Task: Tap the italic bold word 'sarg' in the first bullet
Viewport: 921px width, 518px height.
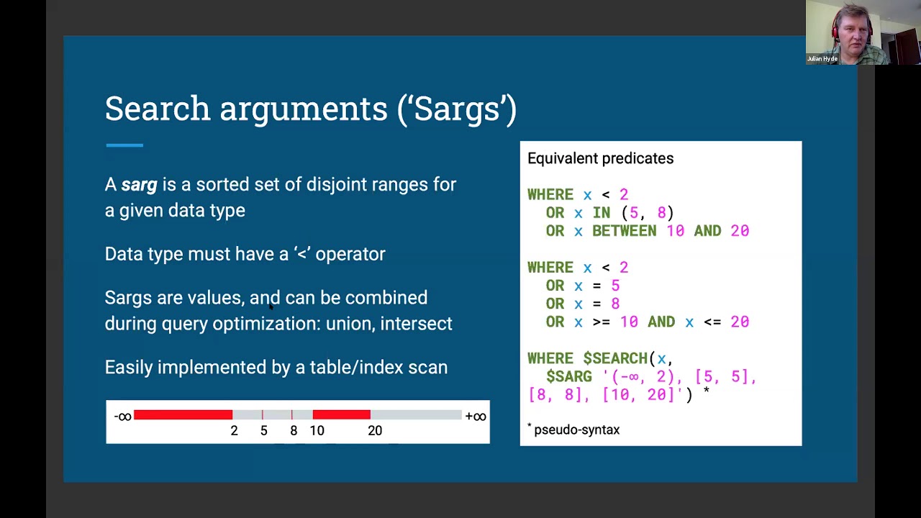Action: (x=139, y=185)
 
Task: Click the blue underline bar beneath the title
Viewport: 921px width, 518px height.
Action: (x=124, y=145)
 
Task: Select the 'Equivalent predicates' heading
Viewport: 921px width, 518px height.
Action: (x=600, y=158)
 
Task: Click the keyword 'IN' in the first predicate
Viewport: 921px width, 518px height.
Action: (x=601, y=213)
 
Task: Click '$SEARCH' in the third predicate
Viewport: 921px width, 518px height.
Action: (x=615, y=358)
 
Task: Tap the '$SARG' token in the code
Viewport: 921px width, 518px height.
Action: (x=568, y=376)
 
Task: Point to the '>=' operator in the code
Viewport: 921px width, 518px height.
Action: (x=601, y=322)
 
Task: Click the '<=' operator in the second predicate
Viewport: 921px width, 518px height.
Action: (x=712, y=322)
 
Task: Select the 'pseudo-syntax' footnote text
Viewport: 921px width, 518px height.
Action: (x=576, y=430)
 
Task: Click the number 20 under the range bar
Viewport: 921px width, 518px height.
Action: (x=375, y=430)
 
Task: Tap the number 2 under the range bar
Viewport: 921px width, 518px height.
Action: (x=234, y=430)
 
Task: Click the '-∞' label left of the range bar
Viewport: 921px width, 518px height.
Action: (x=122, y=416)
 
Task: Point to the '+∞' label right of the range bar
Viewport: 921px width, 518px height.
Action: (x=476, y=416)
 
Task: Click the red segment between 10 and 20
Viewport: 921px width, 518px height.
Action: (x=341, y=414)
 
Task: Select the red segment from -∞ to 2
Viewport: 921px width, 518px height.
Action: (x=183, y=414)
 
